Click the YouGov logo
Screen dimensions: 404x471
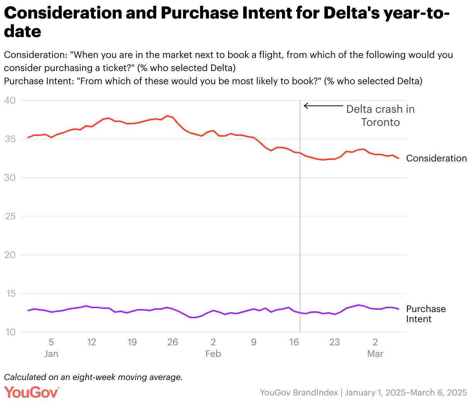[x=32, y=392]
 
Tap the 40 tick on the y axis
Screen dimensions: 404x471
[x=10, y=100]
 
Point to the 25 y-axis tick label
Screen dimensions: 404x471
[x=10, y=216]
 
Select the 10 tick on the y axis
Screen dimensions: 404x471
[x=10, y=332]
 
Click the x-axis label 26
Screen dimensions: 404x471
[x=173, y=342]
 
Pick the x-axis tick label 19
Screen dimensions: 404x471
[x=132, y=342]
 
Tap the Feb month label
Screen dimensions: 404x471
[x=213, y=354]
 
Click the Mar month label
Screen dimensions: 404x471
[x=375, y=354]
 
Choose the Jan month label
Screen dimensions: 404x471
[x=51, y=354]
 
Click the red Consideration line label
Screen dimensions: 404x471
[x=436, y=158]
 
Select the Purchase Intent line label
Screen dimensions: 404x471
[x=425, y=314]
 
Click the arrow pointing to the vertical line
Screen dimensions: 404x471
[x=323, y=106]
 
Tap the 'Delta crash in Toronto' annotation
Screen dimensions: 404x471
[x=380, y=115]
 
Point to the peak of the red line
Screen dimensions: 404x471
[x=167, y=116]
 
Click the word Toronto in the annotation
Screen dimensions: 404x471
[x=380, y=122]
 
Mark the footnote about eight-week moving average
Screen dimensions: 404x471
[x=93, y=377]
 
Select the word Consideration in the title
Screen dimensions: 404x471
[x=62, y=13]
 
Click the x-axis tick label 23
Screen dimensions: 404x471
[x=334, y=342]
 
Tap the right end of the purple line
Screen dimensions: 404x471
[x=398, y=309]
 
